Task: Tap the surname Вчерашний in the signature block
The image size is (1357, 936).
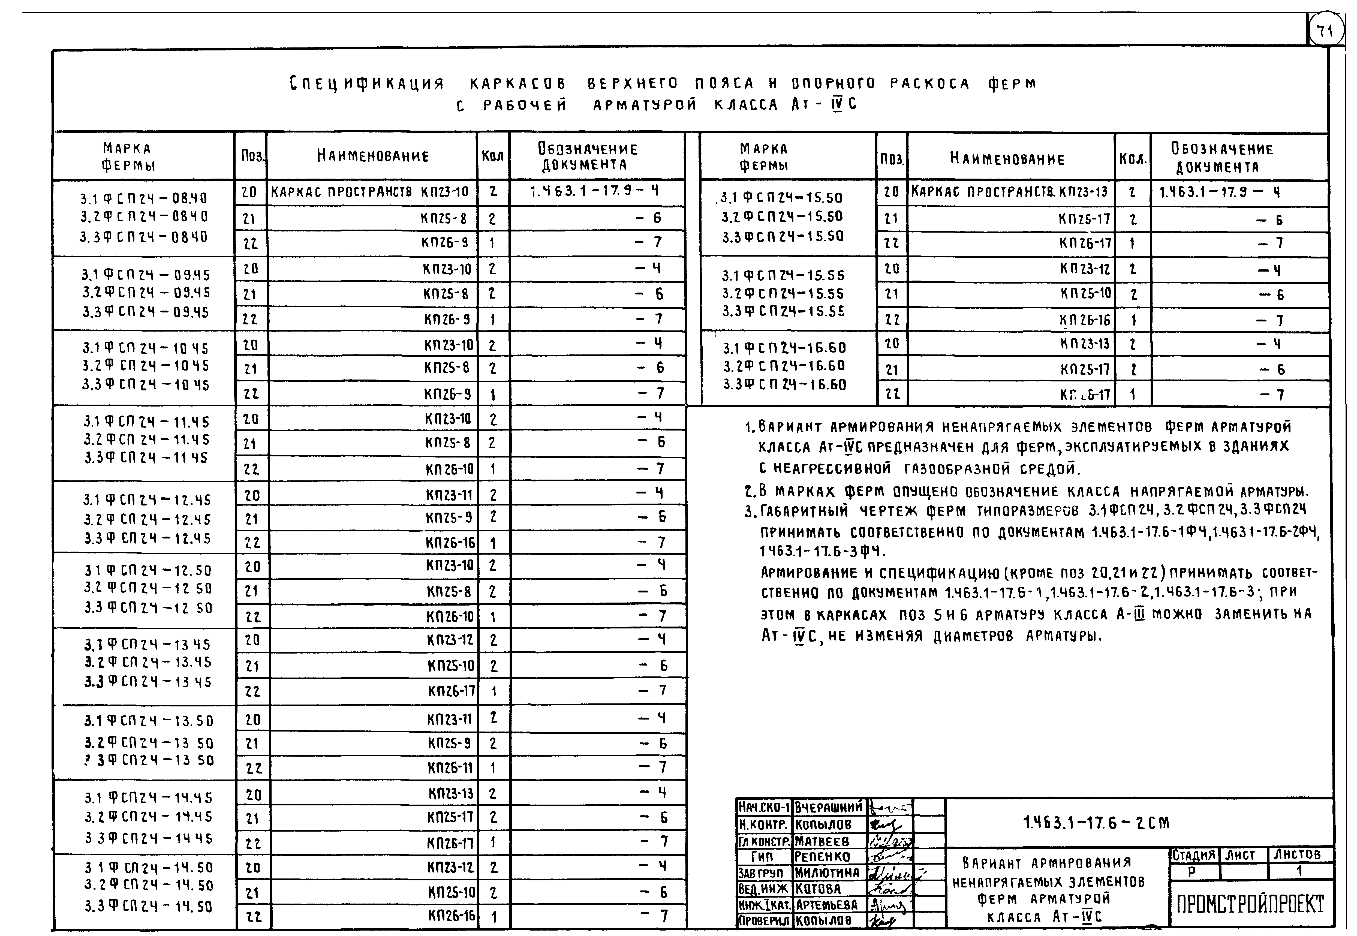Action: click(x=829, y=807)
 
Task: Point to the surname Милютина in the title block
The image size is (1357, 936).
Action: click(x=827, y=873)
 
